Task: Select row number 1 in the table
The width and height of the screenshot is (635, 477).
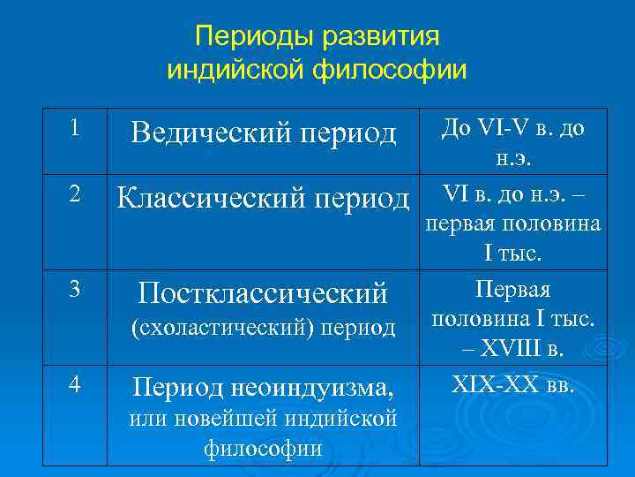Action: pyautogui.click(x=76, y=127)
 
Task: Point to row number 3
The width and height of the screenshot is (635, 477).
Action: pyautogui.click(x=76, y=289)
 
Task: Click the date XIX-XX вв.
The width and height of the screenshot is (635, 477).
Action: pyautogui.click(x=512, y=385)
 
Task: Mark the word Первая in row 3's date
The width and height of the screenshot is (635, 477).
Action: pyautogui.click(x=512, y=289)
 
